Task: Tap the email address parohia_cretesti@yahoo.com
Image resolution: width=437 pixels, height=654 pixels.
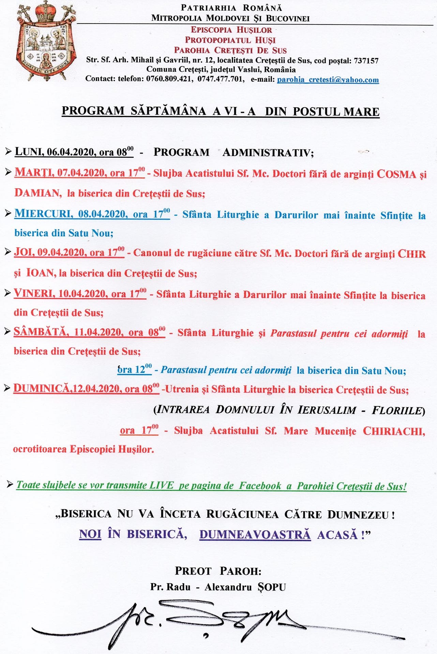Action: [x=328, y=80]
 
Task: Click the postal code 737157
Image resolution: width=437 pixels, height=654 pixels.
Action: [x=366, y=61]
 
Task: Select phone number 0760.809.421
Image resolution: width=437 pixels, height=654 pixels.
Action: [x=169, y=79]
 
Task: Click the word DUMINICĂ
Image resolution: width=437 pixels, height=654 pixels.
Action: [x=41, y=388]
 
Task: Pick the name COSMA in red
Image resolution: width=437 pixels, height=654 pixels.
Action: [x=396, y=174]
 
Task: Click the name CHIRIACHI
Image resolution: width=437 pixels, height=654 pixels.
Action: [x=393, y=431]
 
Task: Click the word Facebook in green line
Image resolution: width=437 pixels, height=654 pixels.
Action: [x=260, y=485]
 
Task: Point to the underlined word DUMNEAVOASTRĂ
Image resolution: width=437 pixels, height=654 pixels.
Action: [x=255, y=534]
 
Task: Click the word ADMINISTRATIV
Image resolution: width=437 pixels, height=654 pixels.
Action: [x=268, y=152]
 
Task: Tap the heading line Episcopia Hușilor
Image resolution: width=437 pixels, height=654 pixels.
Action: [x=231, y=30]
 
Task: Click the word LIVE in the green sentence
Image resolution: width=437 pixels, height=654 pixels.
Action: [x=161, y=485]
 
